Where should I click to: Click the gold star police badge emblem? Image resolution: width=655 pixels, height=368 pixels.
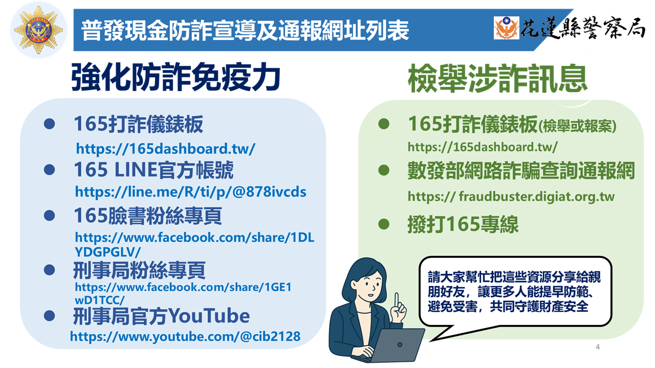38,30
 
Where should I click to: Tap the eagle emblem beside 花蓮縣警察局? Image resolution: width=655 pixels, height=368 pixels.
506,28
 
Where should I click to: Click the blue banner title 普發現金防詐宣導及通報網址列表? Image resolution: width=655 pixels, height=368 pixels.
245,30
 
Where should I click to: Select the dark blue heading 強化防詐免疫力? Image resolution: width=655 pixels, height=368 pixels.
176,77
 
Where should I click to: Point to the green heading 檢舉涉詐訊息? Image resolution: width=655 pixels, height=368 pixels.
497,78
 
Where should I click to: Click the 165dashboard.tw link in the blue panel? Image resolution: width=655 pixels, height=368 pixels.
165,149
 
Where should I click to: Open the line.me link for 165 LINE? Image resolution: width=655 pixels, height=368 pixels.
191,192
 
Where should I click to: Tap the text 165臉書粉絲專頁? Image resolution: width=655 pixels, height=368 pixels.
148,216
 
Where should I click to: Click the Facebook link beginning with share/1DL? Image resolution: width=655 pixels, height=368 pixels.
194,244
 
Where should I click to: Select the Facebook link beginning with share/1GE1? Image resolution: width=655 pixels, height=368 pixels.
183,293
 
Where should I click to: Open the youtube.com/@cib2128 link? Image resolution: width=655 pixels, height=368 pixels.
185,337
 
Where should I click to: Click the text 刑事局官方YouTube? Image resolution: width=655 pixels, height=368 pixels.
161,316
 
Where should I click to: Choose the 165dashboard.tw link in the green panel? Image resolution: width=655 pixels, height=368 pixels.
483,147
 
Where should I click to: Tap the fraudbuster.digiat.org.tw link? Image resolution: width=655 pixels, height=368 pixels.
511,197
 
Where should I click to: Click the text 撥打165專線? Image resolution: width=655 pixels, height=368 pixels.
463,224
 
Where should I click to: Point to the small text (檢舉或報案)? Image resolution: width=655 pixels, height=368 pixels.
577,126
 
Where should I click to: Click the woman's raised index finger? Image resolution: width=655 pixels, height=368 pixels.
396,300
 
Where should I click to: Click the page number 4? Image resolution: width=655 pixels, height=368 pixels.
598,347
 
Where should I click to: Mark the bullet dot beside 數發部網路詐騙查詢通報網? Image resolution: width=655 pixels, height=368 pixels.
384,170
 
